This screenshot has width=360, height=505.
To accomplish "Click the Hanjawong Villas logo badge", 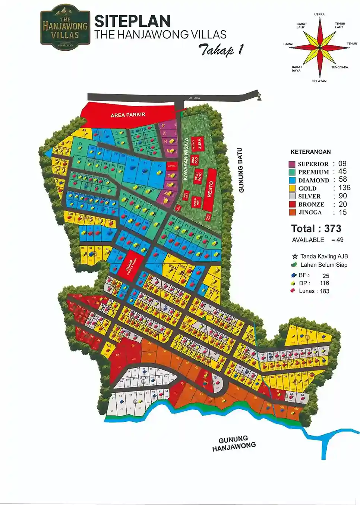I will pos(65,28).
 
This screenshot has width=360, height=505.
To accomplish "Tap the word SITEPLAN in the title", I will pos(132,21).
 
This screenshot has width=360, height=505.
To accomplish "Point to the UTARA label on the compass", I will pos(319,15).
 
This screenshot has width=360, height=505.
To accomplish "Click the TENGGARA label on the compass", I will pos(340,67).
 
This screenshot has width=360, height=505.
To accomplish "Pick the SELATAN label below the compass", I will pos(319,81).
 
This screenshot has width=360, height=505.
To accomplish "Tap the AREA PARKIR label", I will pos(128,115).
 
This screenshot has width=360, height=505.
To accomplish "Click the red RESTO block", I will pos(211,189).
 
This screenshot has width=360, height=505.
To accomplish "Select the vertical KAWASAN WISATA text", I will pos(186,159).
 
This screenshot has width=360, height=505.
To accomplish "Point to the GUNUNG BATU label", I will pos(241,170).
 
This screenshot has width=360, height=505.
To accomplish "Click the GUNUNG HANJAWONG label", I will pos(234,443).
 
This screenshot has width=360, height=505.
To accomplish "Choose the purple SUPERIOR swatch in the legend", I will pos(292,164).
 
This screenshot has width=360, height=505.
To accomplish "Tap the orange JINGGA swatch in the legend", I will pos(292,213).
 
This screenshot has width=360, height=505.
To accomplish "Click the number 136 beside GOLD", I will pos(344,188).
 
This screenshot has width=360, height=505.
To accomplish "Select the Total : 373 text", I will pos(316,229).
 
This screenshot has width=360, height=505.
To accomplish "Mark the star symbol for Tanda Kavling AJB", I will pos(295,256).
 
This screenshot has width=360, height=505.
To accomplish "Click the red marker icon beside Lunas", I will pos(293,291).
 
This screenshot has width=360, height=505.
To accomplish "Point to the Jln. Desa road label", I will pos(194,98).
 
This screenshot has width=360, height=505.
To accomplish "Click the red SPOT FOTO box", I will pos(198,175).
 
